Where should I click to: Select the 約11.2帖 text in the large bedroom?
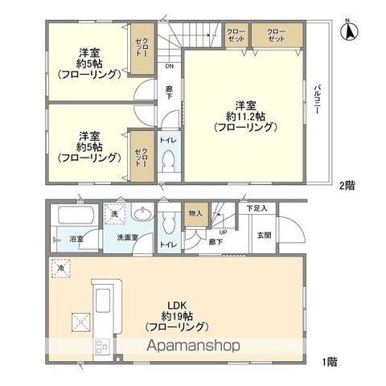245,116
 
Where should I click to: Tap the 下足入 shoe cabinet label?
257,208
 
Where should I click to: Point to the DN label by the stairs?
169,68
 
